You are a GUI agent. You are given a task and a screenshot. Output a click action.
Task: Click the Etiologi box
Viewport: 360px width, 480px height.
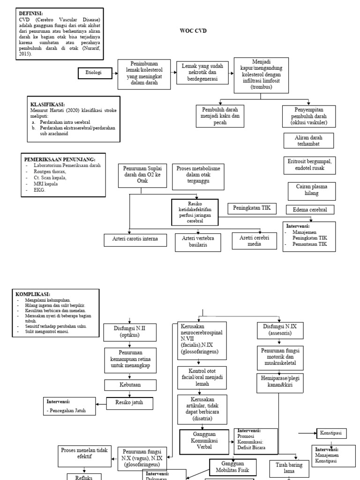tap(95, 73)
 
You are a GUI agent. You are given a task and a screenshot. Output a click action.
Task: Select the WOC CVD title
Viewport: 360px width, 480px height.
tap(194, 31)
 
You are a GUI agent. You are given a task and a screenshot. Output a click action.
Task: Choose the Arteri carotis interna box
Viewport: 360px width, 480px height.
tap(135, 239)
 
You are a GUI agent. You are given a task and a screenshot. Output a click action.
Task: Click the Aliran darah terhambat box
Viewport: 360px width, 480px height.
tap(308, 141)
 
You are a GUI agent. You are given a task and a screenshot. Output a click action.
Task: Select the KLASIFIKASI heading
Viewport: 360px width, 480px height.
tap(47, 104)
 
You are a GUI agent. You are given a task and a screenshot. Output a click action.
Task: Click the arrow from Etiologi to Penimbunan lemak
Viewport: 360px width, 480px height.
tap(115, 73)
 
